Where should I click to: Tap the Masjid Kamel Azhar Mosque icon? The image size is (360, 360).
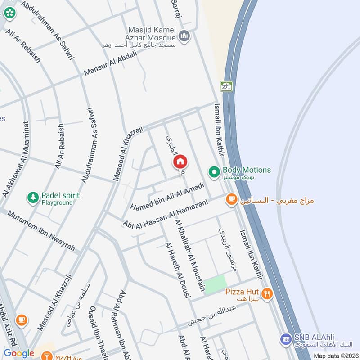184,36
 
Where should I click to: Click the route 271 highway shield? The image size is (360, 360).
226,86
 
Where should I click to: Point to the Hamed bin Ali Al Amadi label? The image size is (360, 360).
167,196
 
